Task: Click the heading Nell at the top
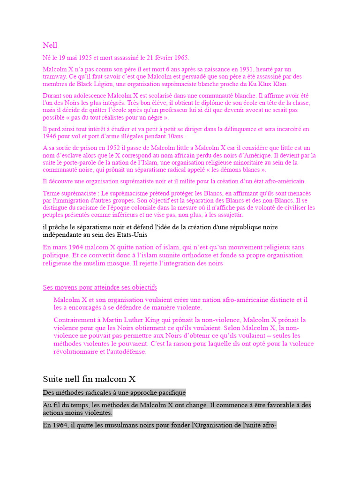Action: [x=50, y=45]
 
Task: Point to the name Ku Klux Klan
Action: [x=267, y=84]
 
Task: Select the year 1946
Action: [x=50, y=136]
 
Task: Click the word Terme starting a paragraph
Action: [x=52, y=193]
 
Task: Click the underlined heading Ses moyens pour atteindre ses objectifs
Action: [x=100, y=287]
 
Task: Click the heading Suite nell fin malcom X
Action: [x=89, y=379]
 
